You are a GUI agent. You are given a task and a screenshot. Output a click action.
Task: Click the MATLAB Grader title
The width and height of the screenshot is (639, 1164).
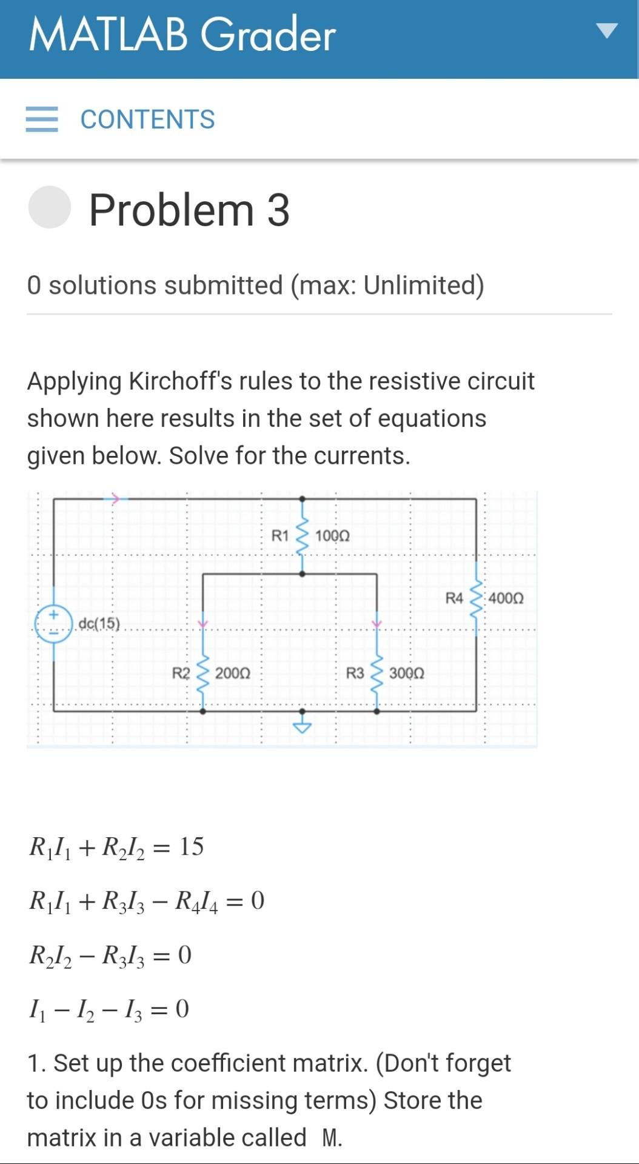click(182, 34)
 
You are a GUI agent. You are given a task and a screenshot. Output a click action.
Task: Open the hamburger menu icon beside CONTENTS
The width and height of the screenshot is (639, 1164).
click(42, 119)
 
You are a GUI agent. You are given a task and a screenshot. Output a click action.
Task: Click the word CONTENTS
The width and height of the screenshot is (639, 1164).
click(147, 119)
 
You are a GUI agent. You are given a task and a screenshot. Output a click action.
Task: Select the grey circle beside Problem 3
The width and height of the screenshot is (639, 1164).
click(50, 207)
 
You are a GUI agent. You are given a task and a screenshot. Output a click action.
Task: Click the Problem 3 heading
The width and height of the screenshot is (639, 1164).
click(189, 210)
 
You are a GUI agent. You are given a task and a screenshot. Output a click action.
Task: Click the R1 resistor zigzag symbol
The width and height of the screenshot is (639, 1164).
click(303, 536)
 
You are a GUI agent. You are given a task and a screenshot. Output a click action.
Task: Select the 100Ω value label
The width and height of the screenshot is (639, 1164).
click(332, 536)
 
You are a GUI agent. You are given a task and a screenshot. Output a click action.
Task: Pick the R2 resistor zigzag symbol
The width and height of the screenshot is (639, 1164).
click(203, 673)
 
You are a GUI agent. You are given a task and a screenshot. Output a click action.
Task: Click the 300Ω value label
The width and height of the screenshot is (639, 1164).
click(406, 673)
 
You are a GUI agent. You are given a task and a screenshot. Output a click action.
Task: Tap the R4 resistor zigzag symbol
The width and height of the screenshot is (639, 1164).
click(477, 598)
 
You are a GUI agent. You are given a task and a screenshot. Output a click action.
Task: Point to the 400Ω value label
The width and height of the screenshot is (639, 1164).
click(506, 598)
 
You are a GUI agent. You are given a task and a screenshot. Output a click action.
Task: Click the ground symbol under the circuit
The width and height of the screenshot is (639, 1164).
click(303, 725)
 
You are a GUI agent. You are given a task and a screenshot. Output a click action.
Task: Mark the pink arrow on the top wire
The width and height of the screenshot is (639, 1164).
click(114, 499)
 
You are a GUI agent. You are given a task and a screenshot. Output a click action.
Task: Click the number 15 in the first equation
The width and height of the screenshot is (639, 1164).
click(192, 846)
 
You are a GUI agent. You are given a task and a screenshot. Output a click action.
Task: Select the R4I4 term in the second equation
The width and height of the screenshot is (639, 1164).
click(196, 901)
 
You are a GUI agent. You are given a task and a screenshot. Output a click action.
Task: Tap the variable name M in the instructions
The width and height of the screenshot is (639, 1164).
click(330, 1138)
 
